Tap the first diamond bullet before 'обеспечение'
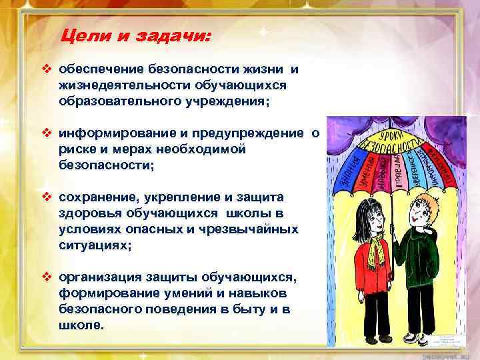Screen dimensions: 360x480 point(47,69)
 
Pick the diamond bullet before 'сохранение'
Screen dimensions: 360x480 point(47,197)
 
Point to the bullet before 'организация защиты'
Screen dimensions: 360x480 point(47,277)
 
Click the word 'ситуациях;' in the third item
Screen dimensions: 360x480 point(91,245)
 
